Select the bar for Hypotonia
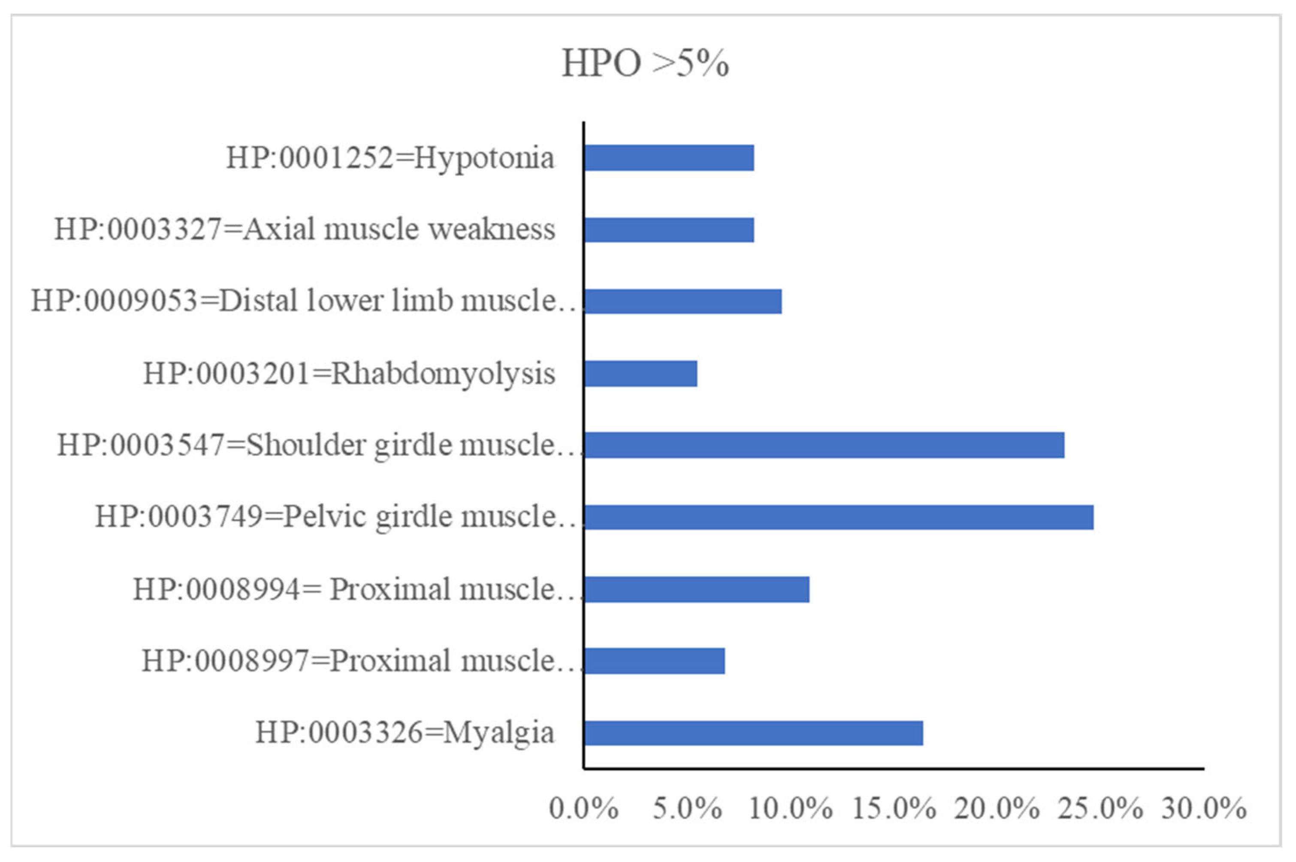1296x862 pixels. [669, 158]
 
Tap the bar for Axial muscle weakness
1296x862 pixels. [669, 230]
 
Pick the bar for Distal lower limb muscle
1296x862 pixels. [683, 301]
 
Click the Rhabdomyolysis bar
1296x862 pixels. [640, 374]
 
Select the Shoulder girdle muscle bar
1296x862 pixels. [824, 445]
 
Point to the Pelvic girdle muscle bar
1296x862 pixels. [839, 517]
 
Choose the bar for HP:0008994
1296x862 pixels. [696, 589]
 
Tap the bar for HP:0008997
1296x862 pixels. [654, 661]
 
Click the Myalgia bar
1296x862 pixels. [753, 733]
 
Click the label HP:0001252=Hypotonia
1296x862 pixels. [390, 158]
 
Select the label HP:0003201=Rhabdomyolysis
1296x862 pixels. [349, 374]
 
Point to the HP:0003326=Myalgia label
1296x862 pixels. [405, 733]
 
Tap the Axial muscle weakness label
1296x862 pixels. [305, 230]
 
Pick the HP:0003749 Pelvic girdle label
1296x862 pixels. [336, 517]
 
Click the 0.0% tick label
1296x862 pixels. [583, 809]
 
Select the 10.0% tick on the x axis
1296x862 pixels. [790, 809]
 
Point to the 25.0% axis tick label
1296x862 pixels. [1100, 809]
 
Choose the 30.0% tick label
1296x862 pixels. [1204, 809]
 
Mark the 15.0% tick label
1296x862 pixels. [894, 809]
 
